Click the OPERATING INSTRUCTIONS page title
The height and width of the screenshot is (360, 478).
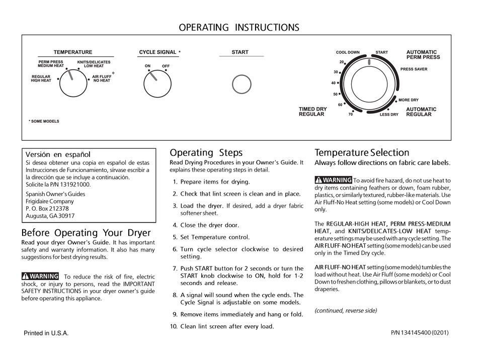coord(238,27)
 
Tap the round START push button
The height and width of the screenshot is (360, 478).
coord(242,84)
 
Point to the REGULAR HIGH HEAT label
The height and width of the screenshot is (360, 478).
coord(41,78)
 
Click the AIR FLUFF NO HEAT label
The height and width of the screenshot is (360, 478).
coord(102,78)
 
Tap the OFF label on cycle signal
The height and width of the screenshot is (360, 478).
coord(166,66)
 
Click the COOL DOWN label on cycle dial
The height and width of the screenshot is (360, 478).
coord(348,52)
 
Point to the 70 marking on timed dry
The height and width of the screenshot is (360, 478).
coord(350,115)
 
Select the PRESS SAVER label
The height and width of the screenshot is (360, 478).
coord(414,69)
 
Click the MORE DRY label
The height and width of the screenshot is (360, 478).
coord(408,100)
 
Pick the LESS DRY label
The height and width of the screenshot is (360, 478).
coord(389,115)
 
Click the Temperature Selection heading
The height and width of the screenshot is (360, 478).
coord(362,152)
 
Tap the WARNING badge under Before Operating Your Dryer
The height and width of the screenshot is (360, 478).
coord(40,276)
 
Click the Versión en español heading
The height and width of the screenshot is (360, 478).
coord(58,154)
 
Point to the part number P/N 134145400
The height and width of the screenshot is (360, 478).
coord(419,333)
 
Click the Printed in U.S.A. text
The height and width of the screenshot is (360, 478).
coord(46,333)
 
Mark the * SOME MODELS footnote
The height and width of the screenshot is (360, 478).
coord(44,121)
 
